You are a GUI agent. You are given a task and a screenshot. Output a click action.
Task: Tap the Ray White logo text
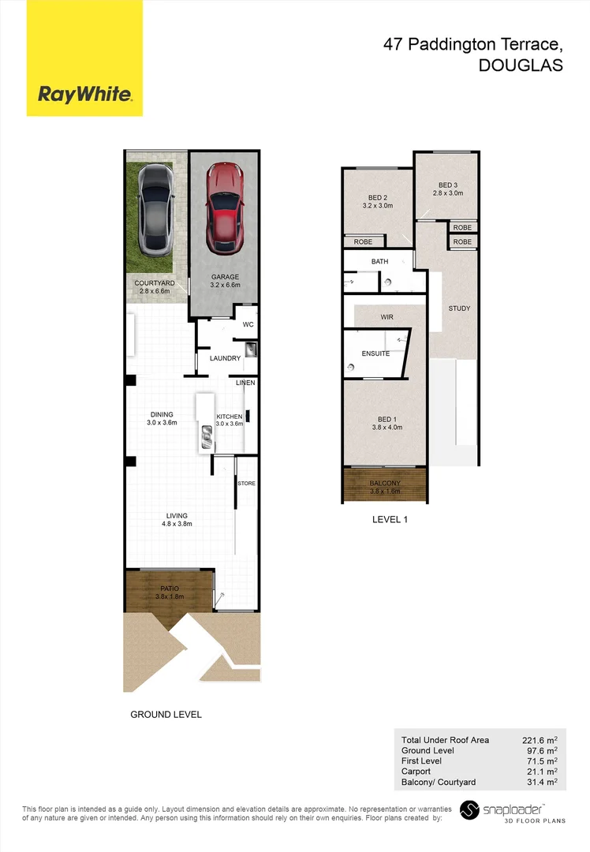[x=84, y=95]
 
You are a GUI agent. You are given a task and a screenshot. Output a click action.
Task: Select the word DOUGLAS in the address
[x=521, y=65]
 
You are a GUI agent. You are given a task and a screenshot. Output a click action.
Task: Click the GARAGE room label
[x=225, y=276]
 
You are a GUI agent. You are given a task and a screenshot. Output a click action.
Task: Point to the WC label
[x=247, y=324]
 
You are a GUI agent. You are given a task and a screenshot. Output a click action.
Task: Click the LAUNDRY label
[x=225, y=358]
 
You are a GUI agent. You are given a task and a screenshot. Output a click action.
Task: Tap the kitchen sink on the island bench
[x=206, y=436]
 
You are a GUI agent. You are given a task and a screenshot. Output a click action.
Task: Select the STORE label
[x=247, y=483]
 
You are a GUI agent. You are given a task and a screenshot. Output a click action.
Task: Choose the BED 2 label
[x=377, y=197]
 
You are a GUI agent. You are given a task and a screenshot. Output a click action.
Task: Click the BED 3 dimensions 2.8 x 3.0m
[x=447, y=192]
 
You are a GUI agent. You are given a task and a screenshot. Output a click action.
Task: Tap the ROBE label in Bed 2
[x=363, y=242]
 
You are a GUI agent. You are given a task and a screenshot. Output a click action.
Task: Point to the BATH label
[x=380, y=261]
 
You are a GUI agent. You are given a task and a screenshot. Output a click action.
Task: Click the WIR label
[x=386, y=316]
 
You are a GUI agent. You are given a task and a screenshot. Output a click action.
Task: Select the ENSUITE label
[x=375, y=353]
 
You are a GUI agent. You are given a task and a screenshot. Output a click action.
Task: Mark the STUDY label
[x=459, y=308]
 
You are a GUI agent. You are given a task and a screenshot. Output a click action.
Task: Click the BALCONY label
[x=385, y=483]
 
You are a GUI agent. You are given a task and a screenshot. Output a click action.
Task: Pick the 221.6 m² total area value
[x=540, y=740]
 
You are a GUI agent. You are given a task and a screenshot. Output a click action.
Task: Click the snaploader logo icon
[x=470, y=810]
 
